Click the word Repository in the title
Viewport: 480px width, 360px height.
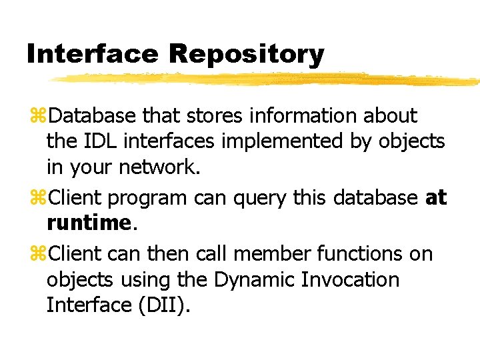click(x=246, y=54)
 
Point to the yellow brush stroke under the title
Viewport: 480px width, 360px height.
click(x=267, y=79)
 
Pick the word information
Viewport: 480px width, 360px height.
click(x=303, y=116)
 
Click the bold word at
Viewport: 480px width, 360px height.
click(x=436, y=199)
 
